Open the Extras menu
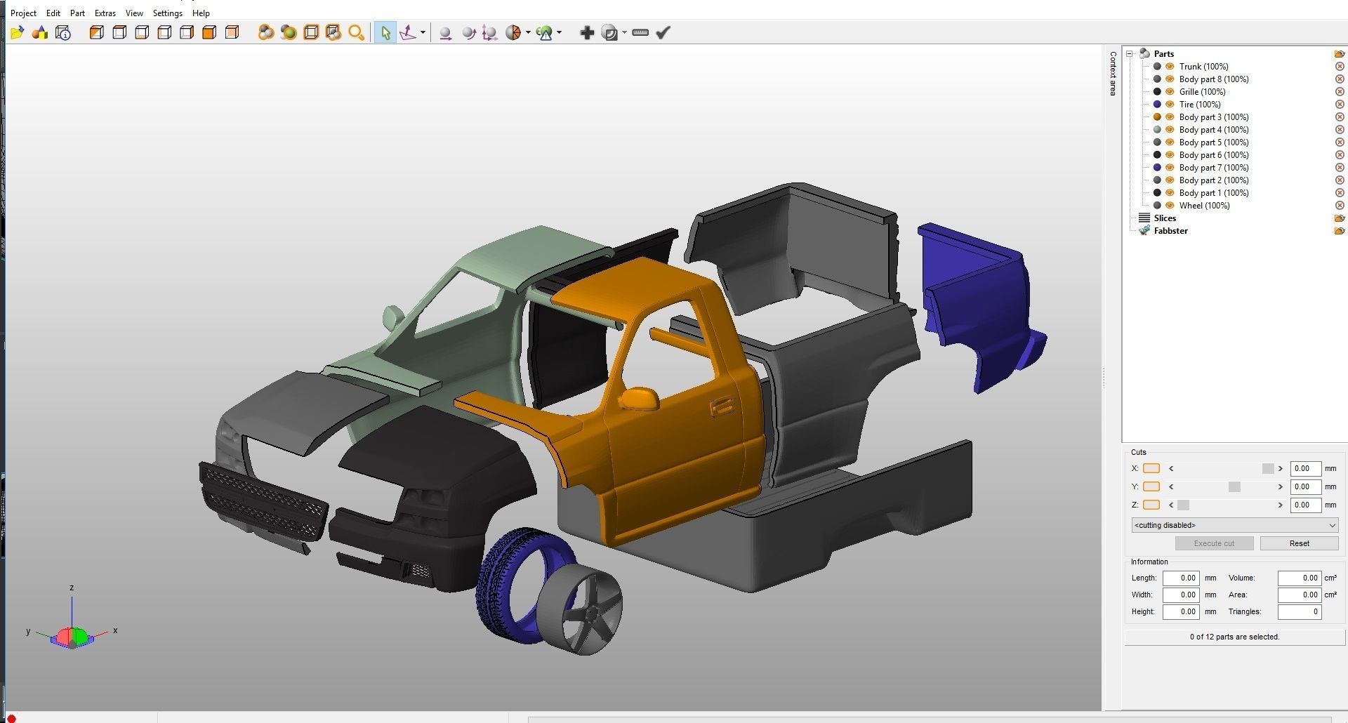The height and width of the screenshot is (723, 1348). [105, 13]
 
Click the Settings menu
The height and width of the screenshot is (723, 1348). [167, 13]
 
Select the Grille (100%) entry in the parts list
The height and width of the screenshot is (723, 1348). [1202, 92]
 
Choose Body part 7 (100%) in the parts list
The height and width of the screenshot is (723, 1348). [1213, 168]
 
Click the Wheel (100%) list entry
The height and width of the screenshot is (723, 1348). [1204, 206]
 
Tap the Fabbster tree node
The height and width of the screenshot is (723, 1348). [1170, 231]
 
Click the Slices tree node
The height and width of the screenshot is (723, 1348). [1165, 218]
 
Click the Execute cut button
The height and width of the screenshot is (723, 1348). [1214, 543]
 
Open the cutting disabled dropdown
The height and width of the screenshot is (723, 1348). [1234, 525]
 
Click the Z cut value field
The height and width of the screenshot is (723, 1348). [1304, 505]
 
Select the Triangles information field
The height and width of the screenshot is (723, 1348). [1299, 611]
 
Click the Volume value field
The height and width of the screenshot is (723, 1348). [1299, 578]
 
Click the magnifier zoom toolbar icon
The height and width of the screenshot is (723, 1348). [356, 32]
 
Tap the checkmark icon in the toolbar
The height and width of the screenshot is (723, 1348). [663, 32]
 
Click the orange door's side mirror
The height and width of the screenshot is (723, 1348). [639, 398]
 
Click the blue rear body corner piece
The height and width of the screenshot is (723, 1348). [979, 302]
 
